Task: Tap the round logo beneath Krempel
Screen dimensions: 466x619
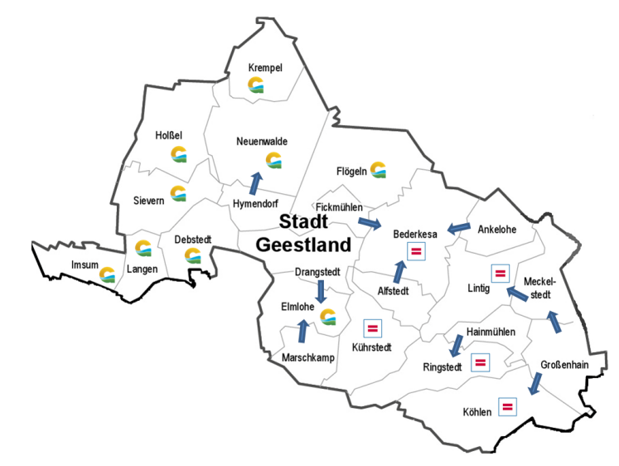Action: pos(258,84)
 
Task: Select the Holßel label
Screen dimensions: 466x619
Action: pos(168,135)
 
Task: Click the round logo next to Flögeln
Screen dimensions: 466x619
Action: pos(379,170)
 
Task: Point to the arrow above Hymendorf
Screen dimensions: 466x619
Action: pos(255,182)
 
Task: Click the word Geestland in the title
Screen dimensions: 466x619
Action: pos(303,245)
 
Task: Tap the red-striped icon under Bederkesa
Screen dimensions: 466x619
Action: pos(417,250)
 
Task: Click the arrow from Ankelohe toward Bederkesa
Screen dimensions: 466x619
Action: pos(457,226)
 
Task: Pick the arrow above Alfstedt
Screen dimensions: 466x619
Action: pos(399,271)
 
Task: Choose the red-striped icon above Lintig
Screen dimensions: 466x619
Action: pos(500,273)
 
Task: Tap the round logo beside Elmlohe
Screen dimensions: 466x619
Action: pos(328,317)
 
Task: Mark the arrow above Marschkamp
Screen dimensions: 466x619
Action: pos(302,331)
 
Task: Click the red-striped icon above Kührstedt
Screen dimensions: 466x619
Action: pos(373,329)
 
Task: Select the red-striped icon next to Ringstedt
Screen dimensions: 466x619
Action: pos(479,362)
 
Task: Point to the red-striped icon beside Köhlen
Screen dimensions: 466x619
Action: pos(506,406)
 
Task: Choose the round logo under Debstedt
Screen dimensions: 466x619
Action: pos(193,255)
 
